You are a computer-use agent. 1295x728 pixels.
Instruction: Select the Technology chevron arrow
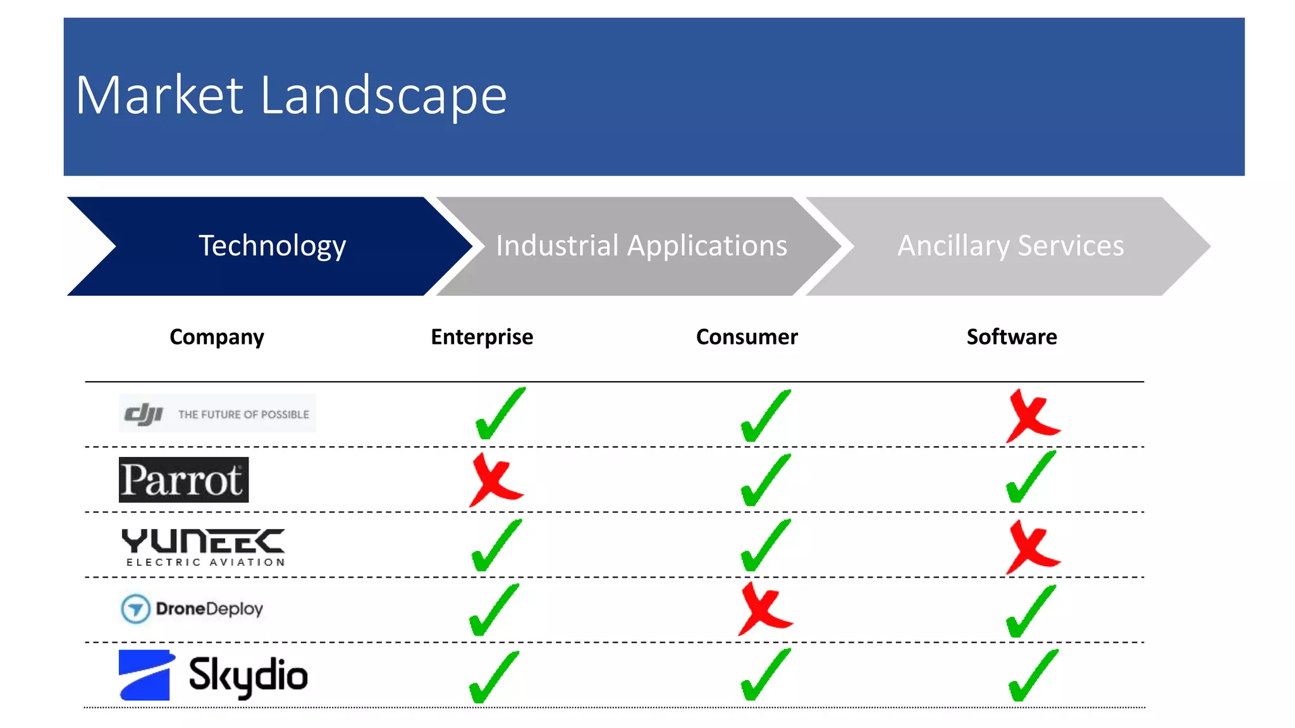tap(272, 246)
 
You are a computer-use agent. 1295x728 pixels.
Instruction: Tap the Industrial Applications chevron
tap(641, 246)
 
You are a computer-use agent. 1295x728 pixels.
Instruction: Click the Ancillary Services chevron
tap(1010, 246)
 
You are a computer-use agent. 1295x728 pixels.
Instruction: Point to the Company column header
tap(217, 337)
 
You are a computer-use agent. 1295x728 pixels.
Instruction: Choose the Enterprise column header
tap(482, 337)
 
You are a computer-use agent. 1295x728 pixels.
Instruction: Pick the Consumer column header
tap(747, 337)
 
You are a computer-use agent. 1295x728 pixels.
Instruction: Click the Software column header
tap(1012, 337)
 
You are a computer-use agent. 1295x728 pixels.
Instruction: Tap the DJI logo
tap(217, 414)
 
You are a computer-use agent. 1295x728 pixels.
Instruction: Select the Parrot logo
tap(183, 480)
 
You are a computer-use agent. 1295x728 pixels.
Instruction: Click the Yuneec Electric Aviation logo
tap(203, 547)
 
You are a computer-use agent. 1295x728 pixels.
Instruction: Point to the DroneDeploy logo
tap(192, 609)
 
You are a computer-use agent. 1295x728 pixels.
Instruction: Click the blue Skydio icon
tap(145, 675)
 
